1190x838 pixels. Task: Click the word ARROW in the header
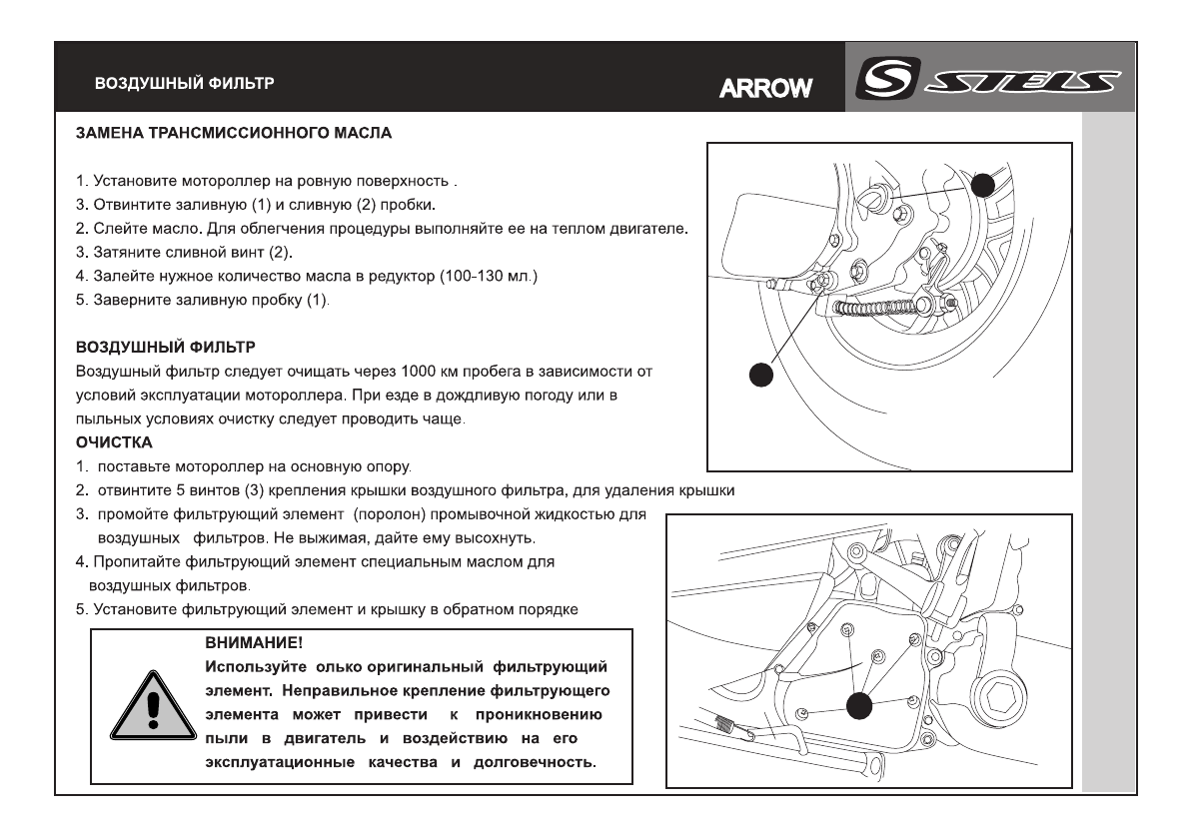tap(766, 90)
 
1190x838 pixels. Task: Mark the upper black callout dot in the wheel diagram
tap(984, 185)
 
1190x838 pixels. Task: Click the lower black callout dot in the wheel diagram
tap(761, 375)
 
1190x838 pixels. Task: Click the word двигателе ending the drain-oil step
tap(652, 229)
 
